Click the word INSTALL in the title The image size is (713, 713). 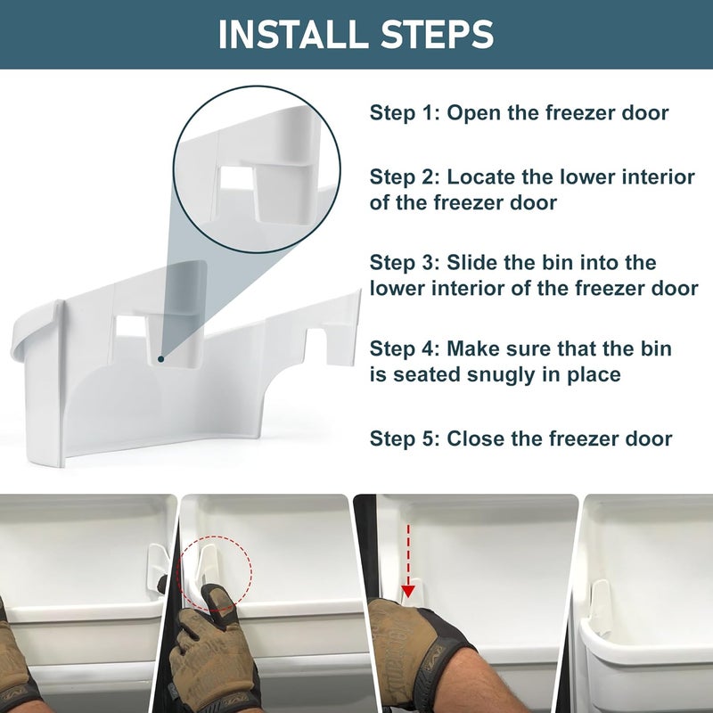pos(285,34)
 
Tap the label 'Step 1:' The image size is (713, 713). pos(405,113)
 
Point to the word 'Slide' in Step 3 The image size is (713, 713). pos(478,263)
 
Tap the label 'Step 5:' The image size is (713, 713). pos(405,438)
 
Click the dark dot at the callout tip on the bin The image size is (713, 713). pos(160,359)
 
